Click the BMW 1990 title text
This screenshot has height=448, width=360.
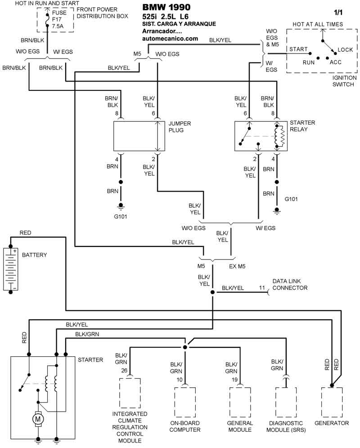[166, 7]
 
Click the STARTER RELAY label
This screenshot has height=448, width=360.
[302, 126]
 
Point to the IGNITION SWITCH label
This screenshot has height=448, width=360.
[344, 81]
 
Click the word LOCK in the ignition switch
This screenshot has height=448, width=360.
[345, 50]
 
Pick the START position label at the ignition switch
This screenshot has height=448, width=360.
[298, 49]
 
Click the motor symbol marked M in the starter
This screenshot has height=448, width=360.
[38, 419]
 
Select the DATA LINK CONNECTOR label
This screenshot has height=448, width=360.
[290, 285]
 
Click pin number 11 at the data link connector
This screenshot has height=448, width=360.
[262, 288]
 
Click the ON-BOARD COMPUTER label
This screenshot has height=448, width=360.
[184, 426]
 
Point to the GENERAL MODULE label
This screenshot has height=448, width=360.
[240, 426]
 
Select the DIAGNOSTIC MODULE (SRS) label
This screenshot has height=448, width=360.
[286, 426]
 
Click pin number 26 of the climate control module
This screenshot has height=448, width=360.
[125, 371]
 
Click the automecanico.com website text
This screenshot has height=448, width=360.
[170, 39]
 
